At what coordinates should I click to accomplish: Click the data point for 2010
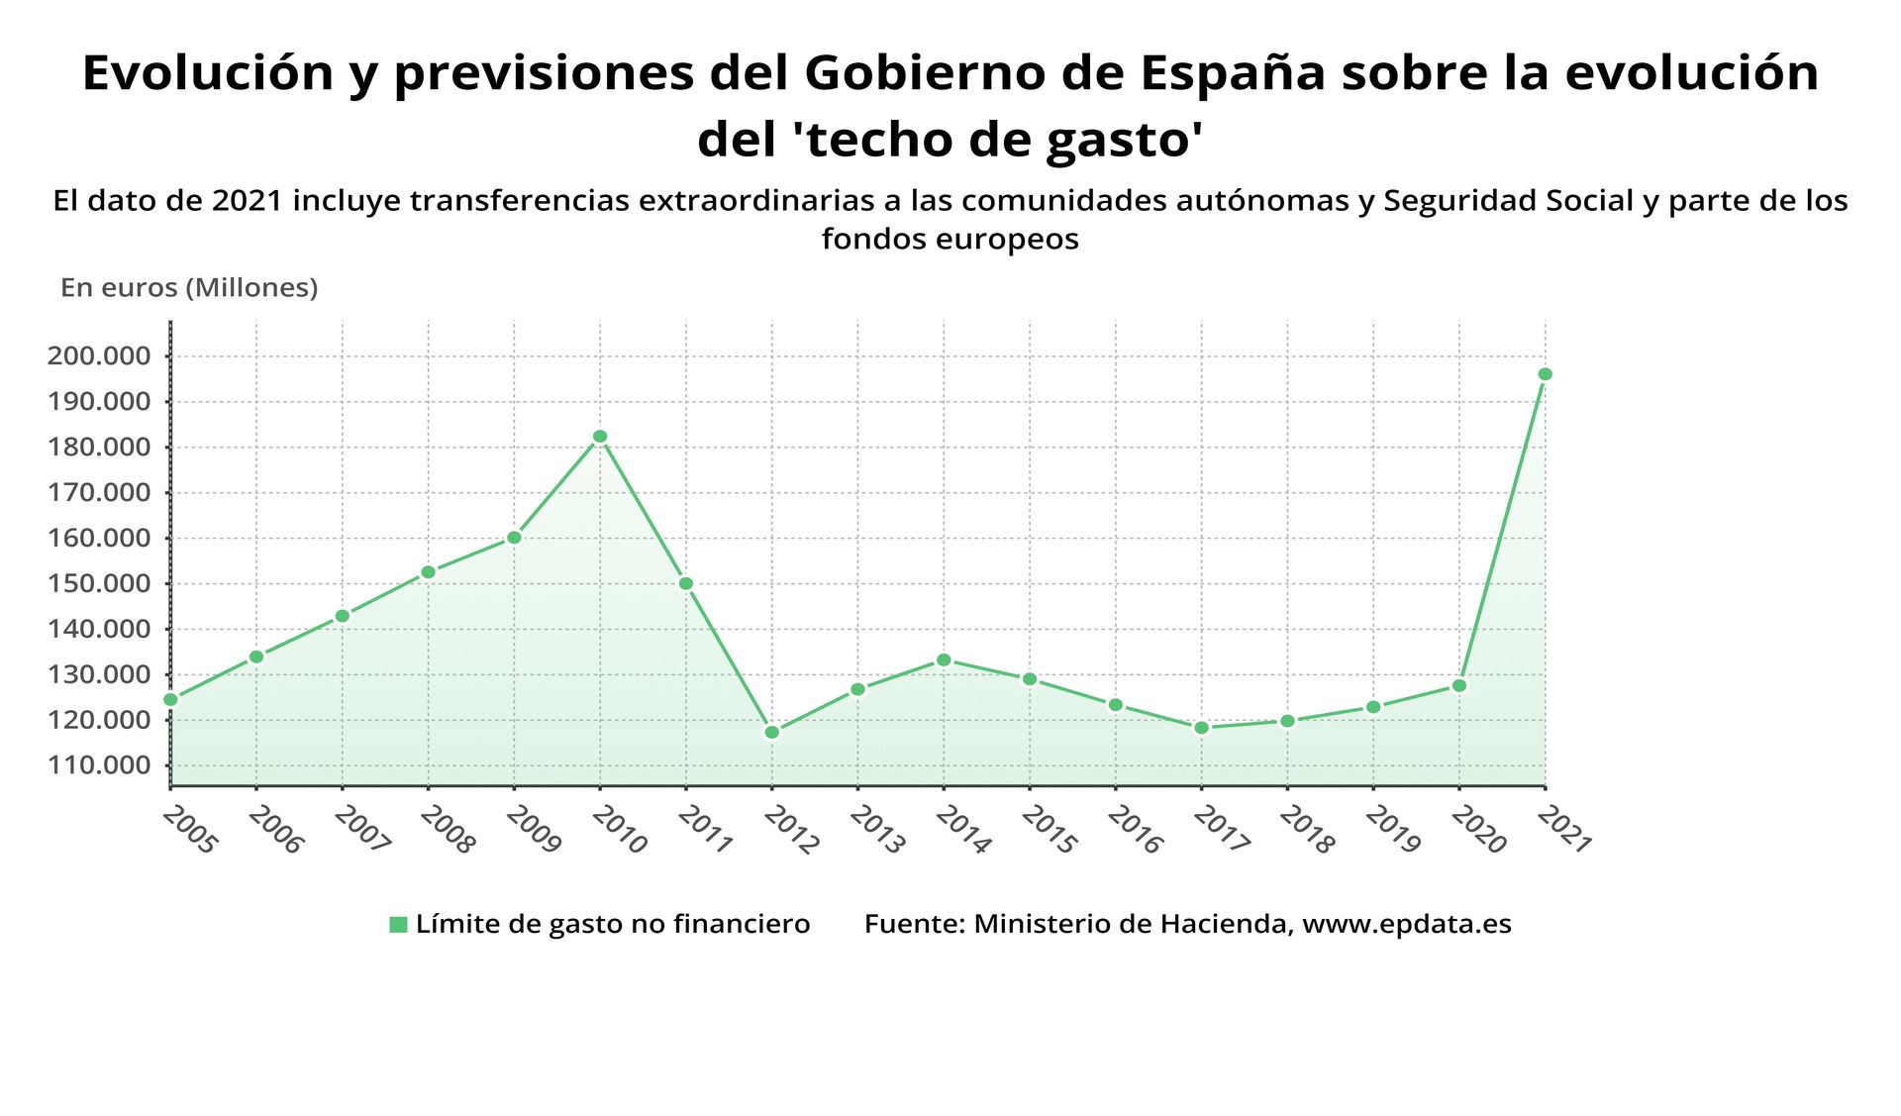tap(600, 437)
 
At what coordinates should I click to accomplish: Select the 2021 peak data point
tap(1545, 374)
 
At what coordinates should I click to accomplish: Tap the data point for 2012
tap(772, 733)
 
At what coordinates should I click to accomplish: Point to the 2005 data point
tap(170, 699)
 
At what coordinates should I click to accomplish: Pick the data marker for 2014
tap(944, 659)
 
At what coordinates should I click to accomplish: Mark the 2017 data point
tap(1201, 728)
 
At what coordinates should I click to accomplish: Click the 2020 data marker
tap(1458, 685)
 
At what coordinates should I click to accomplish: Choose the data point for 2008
tap(428, 572)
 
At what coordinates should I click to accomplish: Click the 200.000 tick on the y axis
tap(99, 356)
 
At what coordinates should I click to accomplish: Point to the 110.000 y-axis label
tap(99, 765)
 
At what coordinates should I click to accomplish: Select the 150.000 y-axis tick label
tap(99, 583)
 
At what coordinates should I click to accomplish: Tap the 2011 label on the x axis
tap(704, 830)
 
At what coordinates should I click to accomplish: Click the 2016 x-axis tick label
tap(1134, 830)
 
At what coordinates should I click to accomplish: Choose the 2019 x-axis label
tap(1391, 830)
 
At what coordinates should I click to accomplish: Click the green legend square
tap(398, 925)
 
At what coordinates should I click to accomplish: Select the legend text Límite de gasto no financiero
tap(612, 924)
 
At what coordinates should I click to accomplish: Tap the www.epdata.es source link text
tap(1406, 924)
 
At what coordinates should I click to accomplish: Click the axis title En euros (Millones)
tap(189, 288)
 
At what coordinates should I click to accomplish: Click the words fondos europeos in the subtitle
tap(950, 239)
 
